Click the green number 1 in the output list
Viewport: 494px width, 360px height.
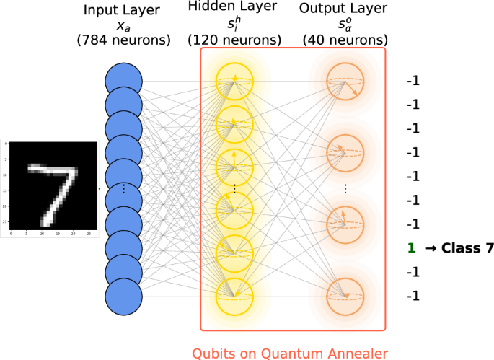[x=412, y=248]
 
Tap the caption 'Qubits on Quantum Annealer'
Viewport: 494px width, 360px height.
[x=290, y=353]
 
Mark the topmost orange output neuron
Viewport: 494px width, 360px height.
[x=344, y=80]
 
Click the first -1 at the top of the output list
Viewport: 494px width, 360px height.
[x=413, y=81]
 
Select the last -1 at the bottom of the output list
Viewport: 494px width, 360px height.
[x=413, y=296]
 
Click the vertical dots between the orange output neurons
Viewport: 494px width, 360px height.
[x=345, y=188]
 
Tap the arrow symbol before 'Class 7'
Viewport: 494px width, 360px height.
[x=431, y=248]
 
